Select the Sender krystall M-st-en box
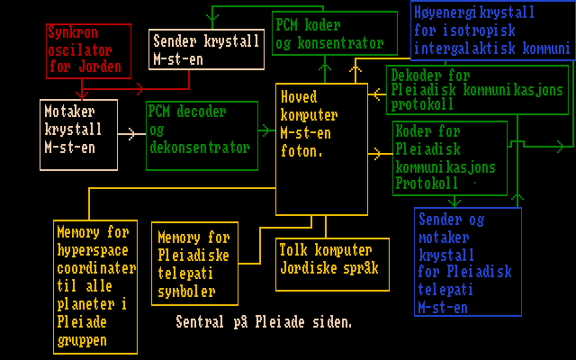[x=206, y=49]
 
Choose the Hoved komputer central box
[x=321, y=148]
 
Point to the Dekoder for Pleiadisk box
[x=478, y=90]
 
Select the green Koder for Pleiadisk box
[x=449, y=157]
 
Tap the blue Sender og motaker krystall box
[x=468, y=262]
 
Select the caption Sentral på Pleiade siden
[x=263, y=321]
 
